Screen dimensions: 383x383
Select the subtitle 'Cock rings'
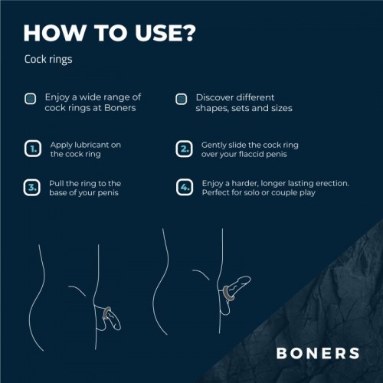pyautogui.click(x=50, y=59)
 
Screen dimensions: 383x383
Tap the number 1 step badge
pyautogui.click(x=31, y=149)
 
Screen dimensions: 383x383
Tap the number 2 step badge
pyautogui.click(x=184, y=149)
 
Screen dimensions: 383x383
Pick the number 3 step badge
pyautogui.click(x=31, y=188)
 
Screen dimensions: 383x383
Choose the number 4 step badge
pyautogui.click(x=184, y=188)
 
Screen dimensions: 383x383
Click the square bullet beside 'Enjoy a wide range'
pyautogui.click(x=30, y=99)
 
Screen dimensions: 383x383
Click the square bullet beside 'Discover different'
pyautogui.click(x=181, y=99)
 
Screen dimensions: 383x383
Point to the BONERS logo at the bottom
pyautogui.click(x=318, y=353)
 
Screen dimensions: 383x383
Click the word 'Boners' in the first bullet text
pyautogui.click(x=121, y=109)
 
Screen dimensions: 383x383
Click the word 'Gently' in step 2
pyautogui.click(x=215, y=144)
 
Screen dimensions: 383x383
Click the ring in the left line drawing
pyautogui.click(x=110, y=312)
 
